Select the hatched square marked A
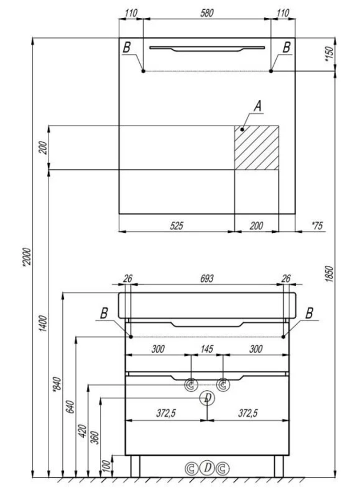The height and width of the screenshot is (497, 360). click(256, 148)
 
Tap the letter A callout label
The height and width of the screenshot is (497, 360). click(257, 106)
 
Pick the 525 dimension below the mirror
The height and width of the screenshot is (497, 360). click(176, 226)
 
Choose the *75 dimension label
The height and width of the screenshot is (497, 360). click(317, 226)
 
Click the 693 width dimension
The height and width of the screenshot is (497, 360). click(207, 279)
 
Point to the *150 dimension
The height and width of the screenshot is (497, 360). click(329, 54)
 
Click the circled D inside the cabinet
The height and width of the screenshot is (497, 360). click(207, 399)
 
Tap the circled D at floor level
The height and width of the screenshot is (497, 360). click(207, 467)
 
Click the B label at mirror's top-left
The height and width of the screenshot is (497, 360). click(127, 47)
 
